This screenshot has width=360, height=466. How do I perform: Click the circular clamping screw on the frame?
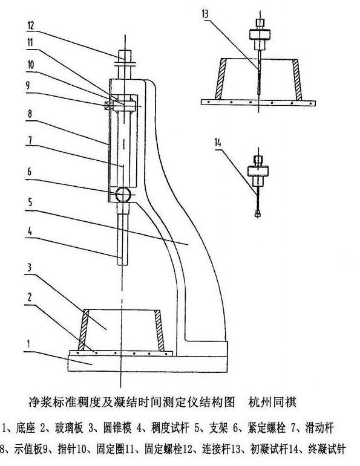tap(123, 194)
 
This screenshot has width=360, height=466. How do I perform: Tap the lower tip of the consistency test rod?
tap(122, 264)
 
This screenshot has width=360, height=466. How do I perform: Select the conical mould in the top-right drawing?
tap(260, 76)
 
